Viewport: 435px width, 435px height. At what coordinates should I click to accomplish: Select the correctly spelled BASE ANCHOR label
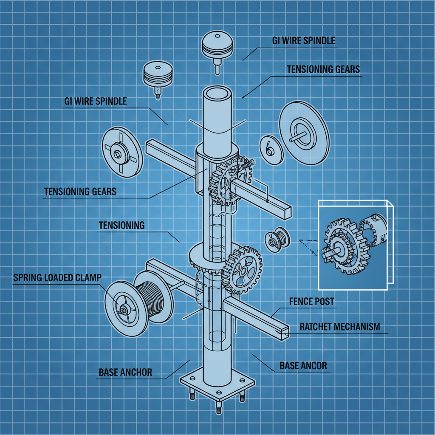pyautogui.click(x=125, y=373)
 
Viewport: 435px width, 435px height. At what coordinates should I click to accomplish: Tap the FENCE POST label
pyautogui.click(x=312, y=302)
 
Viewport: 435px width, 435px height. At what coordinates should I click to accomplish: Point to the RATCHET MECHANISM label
pyautogui.click(x=339, y=327)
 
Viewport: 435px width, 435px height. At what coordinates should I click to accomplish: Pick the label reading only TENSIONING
pyautogui.click(x=121, y=225)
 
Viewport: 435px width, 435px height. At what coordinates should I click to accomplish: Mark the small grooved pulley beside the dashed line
pyautogui.click(x=277, y=241)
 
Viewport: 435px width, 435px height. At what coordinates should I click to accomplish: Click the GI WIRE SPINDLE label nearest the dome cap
pyautogui.click(x=303, y=41)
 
